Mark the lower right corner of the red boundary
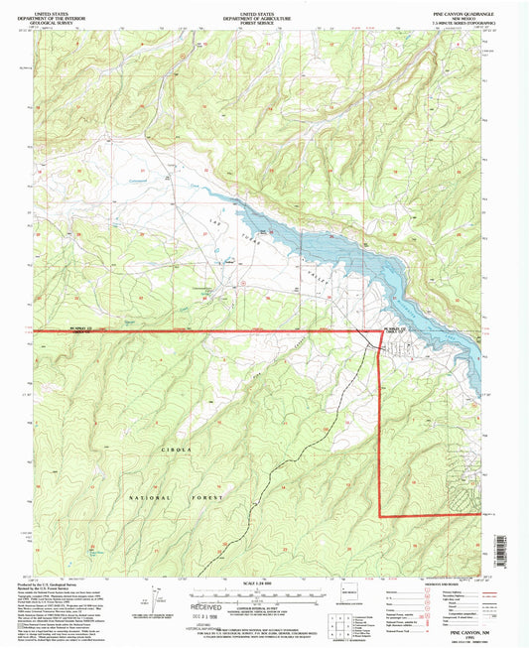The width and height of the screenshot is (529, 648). pos(381,516)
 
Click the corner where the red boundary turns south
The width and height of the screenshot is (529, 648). pos(381,330)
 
